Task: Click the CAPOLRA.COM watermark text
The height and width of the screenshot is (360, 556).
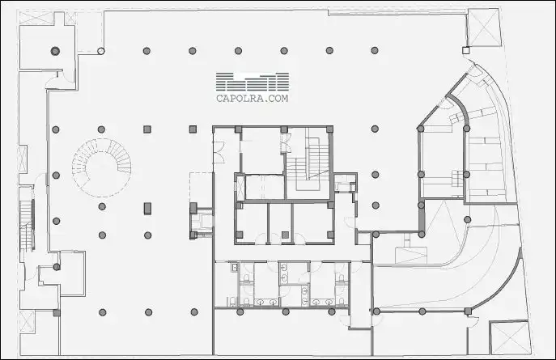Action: point(253,98)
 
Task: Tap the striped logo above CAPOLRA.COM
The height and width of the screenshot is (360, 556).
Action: point(253,82)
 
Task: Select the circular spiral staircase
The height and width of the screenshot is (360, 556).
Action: point(101,168)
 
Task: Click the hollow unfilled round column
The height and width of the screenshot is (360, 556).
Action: point(101,51)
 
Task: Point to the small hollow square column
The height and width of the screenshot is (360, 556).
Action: point(466,51)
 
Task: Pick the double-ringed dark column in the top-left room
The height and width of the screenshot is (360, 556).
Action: point(55,51)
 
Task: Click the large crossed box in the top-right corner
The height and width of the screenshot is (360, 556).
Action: point(484,27)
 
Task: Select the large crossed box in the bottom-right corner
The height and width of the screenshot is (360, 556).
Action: point(510,337)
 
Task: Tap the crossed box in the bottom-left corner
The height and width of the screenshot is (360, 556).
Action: point(27,321)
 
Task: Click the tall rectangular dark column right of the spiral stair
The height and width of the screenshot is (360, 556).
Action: point(147,209)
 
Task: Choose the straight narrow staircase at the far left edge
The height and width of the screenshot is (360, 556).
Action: point(27,226)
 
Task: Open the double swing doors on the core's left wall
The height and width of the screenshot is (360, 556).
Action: point(219,152)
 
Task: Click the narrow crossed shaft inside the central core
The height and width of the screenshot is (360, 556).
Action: point(240,187)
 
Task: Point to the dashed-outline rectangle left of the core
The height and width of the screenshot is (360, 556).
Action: point(201,190)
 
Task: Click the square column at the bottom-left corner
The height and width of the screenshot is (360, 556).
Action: point(57,313)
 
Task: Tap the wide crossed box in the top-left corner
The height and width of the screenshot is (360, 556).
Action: point(36,18)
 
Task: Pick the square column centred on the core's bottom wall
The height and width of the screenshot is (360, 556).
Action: point(285,235)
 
